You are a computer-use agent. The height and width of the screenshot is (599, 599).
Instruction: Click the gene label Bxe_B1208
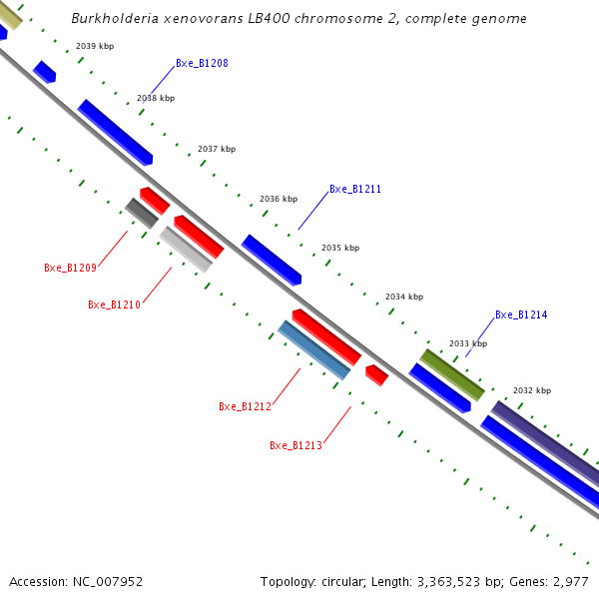click(x=202, y=64)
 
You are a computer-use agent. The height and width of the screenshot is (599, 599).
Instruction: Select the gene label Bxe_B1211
click(x=355, y=189)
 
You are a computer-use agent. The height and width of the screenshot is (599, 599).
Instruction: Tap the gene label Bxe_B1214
click(x=521, y=314)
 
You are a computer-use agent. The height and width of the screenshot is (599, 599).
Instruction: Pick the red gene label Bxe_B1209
click(x=70, y=268)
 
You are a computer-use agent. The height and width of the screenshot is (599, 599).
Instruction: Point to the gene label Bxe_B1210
click(x=114, y=304)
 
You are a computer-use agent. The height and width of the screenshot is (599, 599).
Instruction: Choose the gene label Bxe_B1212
click(x=245, y=406)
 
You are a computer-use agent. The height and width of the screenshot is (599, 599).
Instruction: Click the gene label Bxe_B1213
click(x=296, y=445)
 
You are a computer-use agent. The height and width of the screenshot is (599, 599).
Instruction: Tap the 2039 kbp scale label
click(x=95, y=46)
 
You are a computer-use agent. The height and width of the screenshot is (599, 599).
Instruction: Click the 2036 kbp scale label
click(x=279, y=199)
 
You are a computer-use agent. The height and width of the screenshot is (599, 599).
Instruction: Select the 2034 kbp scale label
click(x=404, y=297)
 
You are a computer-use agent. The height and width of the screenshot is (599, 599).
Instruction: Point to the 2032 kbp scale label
click(x=532, y=390)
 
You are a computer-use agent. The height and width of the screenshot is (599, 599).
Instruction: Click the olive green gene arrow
click(x=452, y=374)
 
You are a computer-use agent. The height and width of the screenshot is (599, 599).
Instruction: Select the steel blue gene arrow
click(x=314, y=349)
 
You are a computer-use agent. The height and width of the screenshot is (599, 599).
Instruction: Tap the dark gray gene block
click(x=141, y=213)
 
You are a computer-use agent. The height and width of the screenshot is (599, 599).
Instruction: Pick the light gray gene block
click(x=186, y=250)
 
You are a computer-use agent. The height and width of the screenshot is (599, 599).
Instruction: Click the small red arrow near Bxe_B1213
click(x=376, y=374)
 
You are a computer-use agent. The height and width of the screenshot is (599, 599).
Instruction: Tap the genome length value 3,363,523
click(x=437, y=581)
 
